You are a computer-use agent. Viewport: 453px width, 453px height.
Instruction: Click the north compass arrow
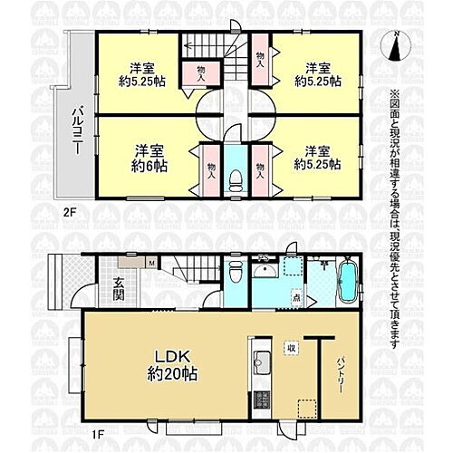[397, 45]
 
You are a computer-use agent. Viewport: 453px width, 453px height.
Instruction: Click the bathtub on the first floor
[346, 281]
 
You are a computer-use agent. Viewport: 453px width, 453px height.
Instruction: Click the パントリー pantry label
[340, 371]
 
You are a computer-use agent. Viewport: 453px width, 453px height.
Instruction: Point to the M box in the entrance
[150, 264]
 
